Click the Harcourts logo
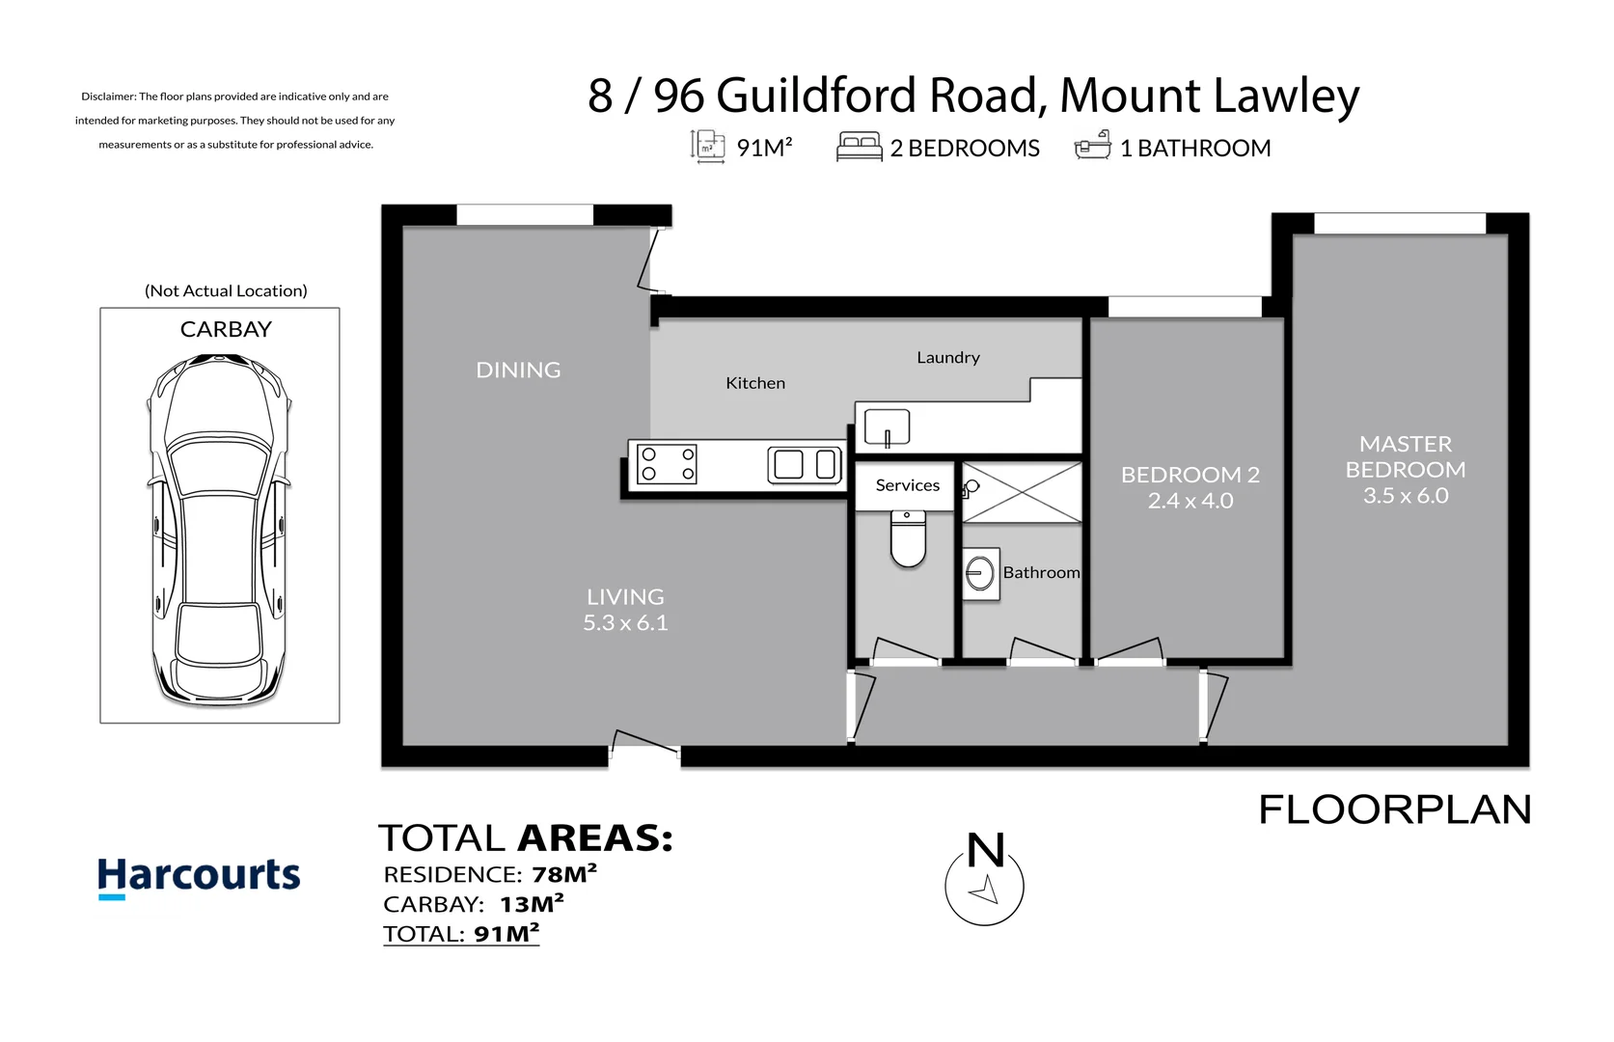199,876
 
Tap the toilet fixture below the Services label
908,540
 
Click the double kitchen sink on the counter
805,464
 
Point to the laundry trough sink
887,426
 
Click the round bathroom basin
980,574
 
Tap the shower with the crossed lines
1023,492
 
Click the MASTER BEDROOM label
1406,456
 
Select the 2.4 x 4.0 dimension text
1190,501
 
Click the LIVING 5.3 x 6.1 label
625,610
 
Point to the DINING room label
518,370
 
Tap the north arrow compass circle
984,887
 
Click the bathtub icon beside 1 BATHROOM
1092,147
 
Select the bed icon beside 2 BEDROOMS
859,147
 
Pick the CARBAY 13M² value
532,904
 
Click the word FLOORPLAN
1395,809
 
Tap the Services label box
907,485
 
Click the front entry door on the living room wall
644,744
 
